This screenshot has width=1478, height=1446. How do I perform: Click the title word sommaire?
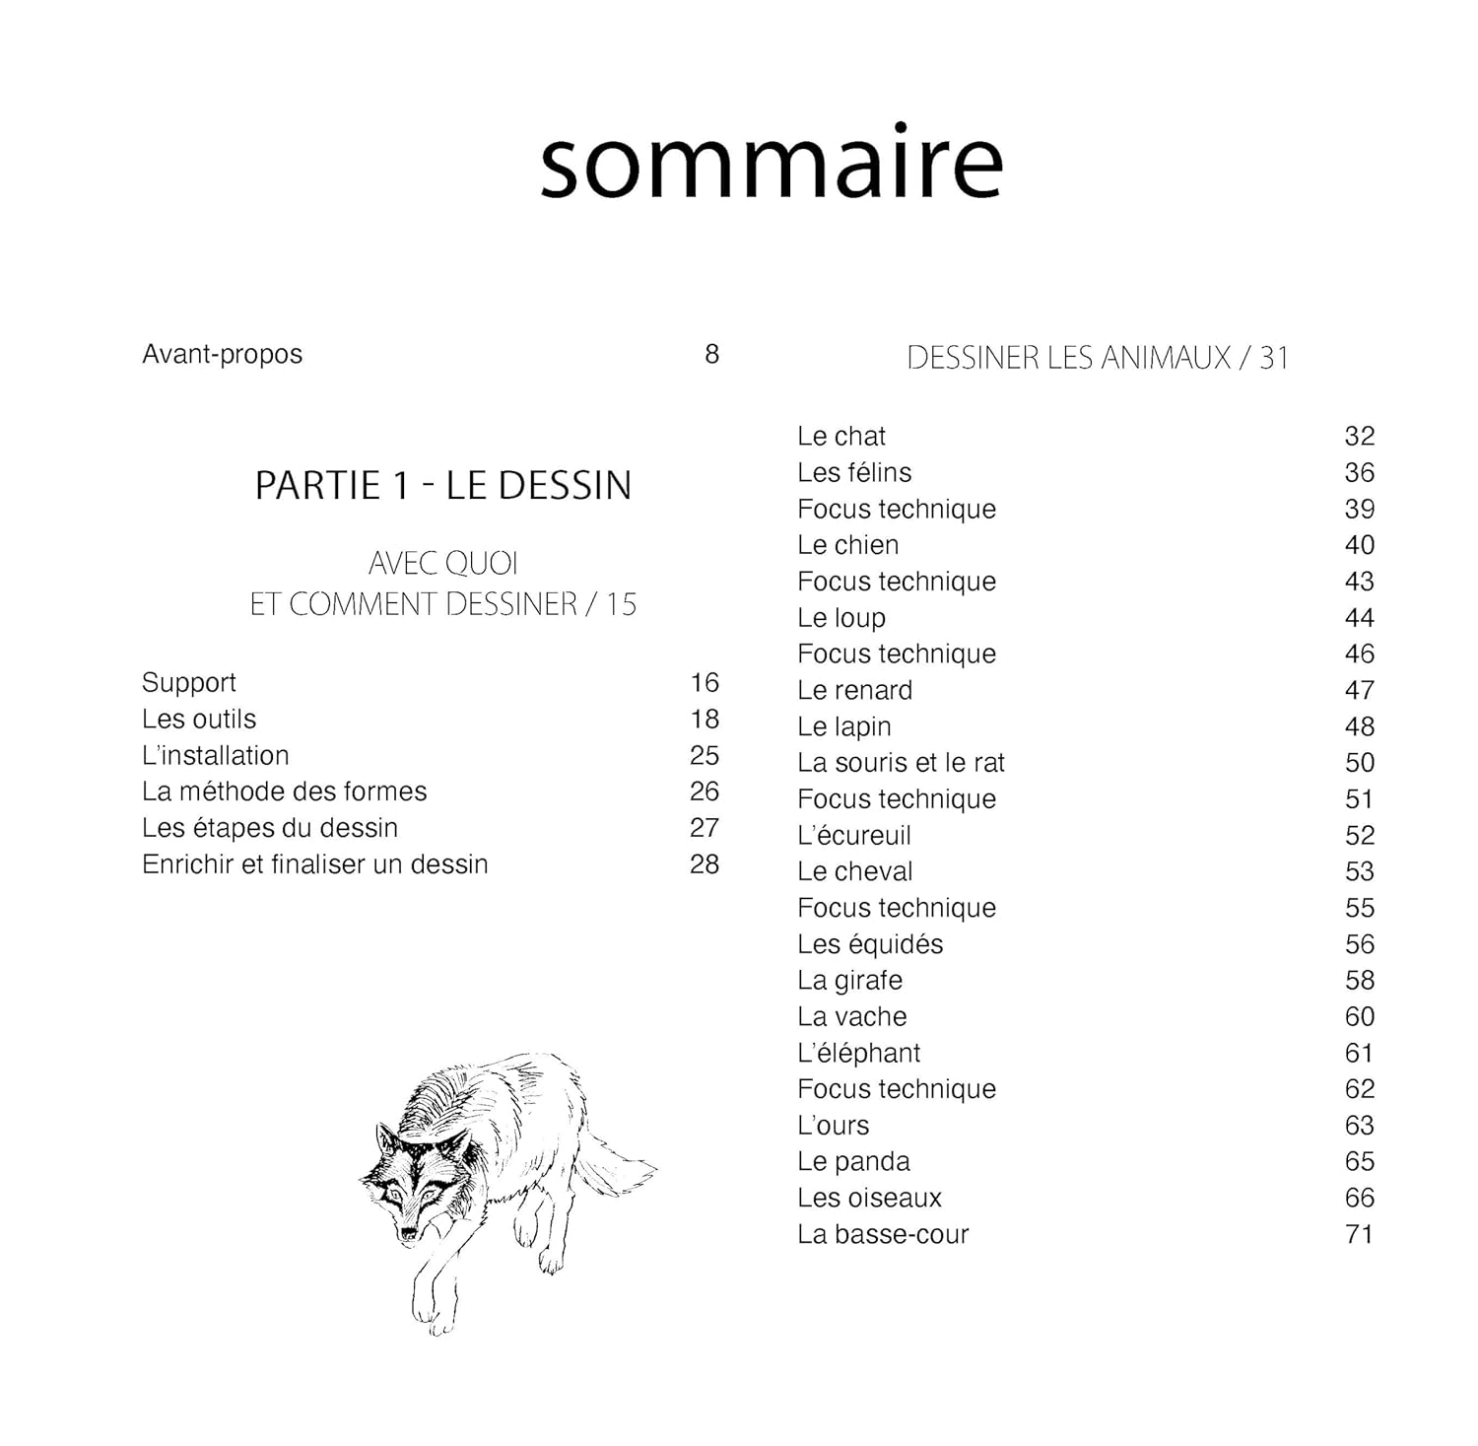click(772, 163)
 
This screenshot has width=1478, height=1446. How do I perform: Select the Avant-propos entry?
click(223, 354)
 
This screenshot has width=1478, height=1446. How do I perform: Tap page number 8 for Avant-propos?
click(711, 354)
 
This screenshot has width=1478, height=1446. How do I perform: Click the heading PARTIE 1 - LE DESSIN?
click(443, 485)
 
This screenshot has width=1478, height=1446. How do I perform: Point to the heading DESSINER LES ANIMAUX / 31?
click(1098, 358)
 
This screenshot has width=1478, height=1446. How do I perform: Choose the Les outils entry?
click(199, 719)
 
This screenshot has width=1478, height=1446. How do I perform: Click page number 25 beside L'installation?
click(705, 755)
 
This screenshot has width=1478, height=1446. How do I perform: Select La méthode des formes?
click(285, 792)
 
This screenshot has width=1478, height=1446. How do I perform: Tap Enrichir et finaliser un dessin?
click(315, 864)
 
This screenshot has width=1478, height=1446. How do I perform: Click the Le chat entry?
click(841, 436)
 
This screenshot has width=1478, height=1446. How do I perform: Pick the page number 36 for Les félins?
click(1360, 472)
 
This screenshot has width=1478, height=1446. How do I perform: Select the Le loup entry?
click(841, 618)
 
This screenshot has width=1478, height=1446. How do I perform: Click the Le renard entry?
click(855, 690)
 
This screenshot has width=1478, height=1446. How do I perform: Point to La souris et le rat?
click(902, 763)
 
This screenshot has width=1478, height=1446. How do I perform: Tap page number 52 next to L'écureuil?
click(1360, 836)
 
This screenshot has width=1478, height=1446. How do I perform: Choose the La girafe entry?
click(850, 981)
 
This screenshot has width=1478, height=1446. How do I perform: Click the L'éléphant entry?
click(859, 1053)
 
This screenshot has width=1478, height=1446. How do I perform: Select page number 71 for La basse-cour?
click(1360, 1234)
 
